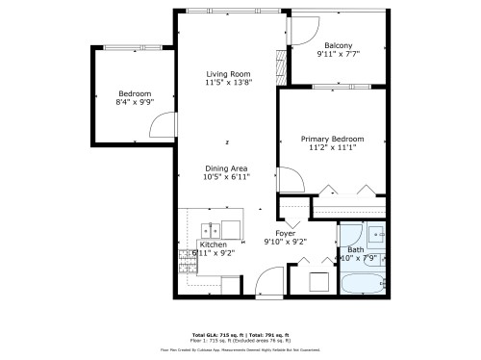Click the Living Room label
(x=228, y=73)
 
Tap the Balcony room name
(x=338, y=45)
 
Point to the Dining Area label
(x=226, y=168)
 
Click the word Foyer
(x=286, y=233)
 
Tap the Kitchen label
(x=213, y=244)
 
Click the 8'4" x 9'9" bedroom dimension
(x=134, y=102)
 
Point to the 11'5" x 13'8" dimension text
(x=228, y=83)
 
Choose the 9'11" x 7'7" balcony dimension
(x=338, y=55)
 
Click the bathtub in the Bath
(x=363, y=284)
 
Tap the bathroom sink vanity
(x=375, y=234)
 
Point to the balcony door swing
(x=300, y=30)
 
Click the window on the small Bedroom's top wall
(x=132, y=47)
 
